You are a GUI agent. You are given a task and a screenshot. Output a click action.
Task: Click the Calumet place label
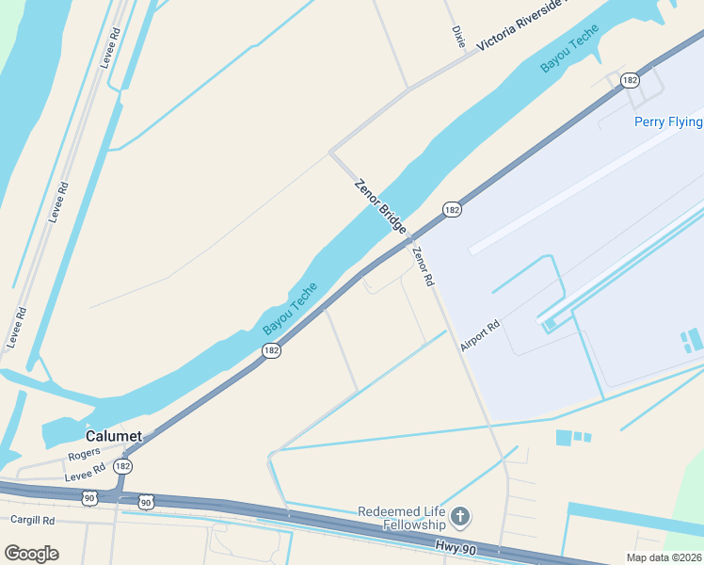pos(113,436)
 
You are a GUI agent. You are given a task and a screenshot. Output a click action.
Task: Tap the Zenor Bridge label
pos(380,206)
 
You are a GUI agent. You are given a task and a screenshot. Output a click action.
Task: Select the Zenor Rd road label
pos(423,266)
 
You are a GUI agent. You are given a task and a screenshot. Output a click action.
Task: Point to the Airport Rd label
pos(479,335)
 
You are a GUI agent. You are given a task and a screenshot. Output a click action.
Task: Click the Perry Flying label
pos(668,121)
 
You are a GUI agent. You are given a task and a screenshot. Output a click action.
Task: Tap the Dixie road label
pos(458,37)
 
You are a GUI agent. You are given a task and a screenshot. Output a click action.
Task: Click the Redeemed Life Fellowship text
pos(402,518)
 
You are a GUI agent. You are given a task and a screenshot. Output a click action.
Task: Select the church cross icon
pos(459,517)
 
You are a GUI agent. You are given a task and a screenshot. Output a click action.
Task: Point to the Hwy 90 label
pos(457,546)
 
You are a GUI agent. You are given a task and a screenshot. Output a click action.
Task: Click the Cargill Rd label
pos(33,519)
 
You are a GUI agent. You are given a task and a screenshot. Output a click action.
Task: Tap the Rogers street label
pos(84,453)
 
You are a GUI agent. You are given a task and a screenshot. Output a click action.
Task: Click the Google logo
pos(31,554)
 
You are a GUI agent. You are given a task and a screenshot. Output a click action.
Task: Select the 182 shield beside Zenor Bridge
pos(453,210)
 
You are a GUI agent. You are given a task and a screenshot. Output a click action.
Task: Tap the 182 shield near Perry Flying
pos(631,81)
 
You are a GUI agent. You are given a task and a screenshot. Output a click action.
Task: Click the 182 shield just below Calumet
pos(122,466)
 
